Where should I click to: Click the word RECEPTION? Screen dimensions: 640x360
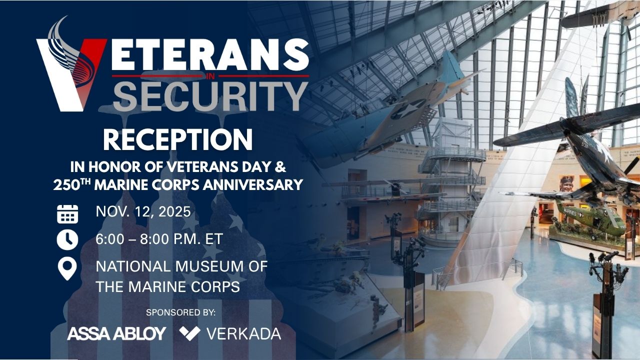tap(177, 139)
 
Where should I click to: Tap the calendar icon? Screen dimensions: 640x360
tap(67, 214)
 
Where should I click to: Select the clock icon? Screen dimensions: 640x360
tap(67, 240)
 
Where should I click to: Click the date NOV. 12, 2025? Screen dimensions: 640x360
tap(143, 212)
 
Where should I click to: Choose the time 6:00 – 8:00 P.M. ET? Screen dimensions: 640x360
tap(159, 239)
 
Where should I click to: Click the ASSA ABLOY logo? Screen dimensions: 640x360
tap(116, 333)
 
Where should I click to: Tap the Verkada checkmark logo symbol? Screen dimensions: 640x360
tap(189, 333)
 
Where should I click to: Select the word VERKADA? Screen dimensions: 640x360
tap(243, 334)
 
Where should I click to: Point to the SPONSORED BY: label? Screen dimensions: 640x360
tap(180, 312)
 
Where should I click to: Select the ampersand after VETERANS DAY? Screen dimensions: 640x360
tap(281, 167)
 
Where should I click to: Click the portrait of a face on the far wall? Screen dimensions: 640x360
tap(566, 183)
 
